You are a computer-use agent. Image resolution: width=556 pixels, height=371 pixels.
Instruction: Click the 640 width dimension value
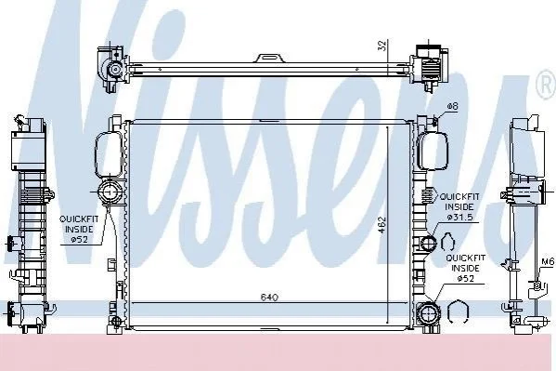pos(269,297)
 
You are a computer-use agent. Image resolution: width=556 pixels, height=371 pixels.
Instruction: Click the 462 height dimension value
pos(382,225)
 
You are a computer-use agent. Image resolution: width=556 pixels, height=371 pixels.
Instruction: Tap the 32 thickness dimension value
pos(381,46)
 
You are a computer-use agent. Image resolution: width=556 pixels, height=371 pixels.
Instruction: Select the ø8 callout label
pos(452,106)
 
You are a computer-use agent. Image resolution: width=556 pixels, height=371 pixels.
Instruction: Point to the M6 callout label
pos(548,262)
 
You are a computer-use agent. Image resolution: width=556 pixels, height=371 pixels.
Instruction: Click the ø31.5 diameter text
pos(459,218)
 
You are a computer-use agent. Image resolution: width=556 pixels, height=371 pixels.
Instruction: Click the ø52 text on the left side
pos(79,240)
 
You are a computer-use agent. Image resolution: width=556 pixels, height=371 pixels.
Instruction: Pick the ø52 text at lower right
pos(465,278)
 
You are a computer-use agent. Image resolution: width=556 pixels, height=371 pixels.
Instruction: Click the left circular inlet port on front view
pos(110,192)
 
